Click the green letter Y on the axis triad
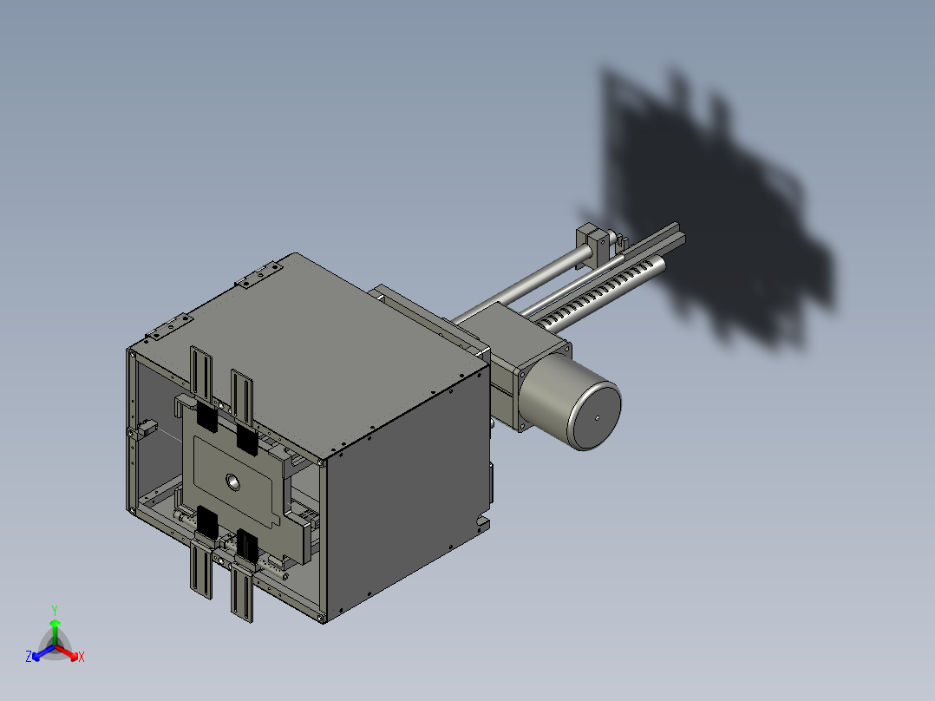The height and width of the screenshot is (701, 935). click(x=54, y=610)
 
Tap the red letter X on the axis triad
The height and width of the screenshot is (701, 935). click(x=81, y=658)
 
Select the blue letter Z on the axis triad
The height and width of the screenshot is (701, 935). click(x=29, y=658)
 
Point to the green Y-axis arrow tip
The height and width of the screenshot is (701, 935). click(x=55, y=623)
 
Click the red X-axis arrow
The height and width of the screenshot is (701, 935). click(x=69, y=652)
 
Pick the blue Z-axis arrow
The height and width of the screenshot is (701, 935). click(x=40, y=652)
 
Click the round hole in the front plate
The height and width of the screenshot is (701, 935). click(x=232, y=482)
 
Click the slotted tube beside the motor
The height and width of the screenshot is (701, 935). click(x=607, y=286)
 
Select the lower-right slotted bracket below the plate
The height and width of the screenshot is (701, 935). click(x=243, y=590)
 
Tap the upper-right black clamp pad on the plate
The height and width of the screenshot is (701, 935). click(x=246, y=439)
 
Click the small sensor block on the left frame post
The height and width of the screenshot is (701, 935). click(x=144, y=429)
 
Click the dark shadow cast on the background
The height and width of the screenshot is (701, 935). click(x=711, y=208)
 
